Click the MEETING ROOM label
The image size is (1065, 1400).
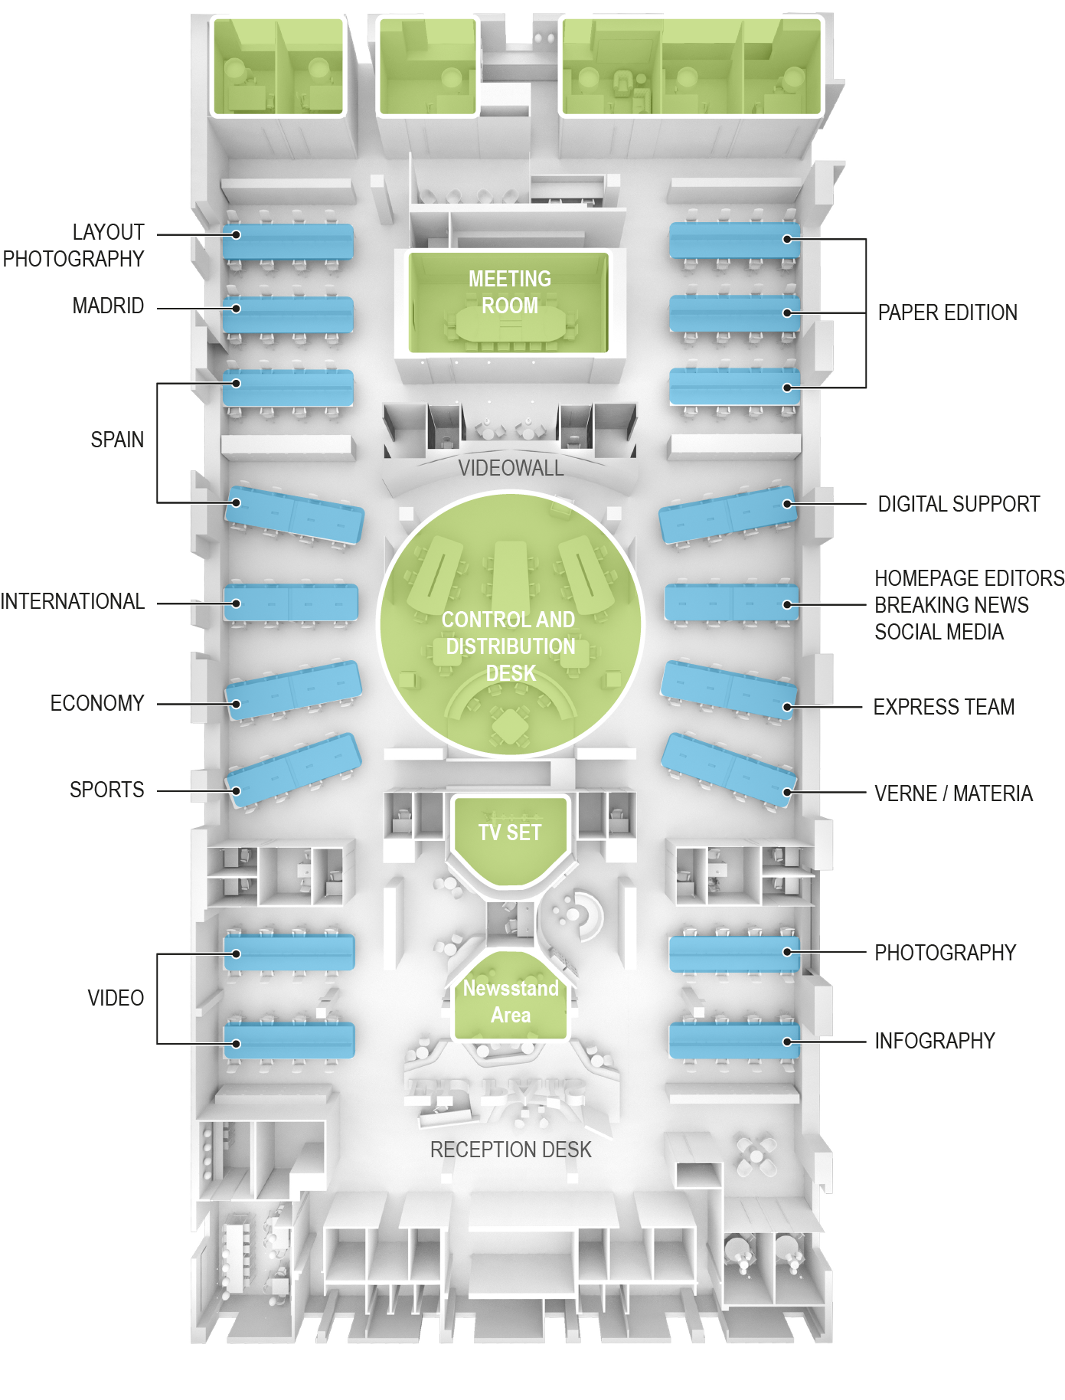pyautogui.click(x=509, y=292)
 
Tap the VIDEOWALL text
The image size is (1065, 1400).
pyautogui.click(x=511, y=468)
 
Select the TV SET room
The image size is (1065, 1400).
pyautogui.click(x=510, y=839)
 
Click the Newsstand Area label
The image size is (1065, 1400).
pyautogui.click(x=511, y=1001)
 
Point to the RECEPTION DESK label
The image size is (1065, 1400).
pyautogui.click(x=511, y=1150)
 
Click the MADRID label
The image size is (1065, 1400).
pyautogui.click(x=108, y=306)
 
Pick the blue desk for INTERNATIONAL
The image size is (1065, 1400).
pyautogui.click(x=291, y=603)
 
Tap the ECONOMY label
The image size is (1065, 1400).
pyautogui.click(x=97, y=703)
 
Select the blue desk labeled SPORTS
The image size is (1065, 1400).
pyautogui.click(x=293, y=770)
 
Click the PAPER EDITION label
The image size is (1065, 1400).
pyautogui.click(x=947, y=312)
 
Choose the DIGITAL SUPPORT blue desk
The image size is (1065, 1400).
pyautogui.click(x=728, y=513)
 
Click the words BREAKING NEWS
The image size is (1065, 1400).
pyautogui.click(x=951, y=605)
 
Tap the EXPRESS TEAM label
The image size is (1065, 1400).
pyautogui.click(x=943, y=707)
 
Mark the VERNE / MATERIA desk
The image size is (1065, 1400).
pyautogui.click(x=728, y=769)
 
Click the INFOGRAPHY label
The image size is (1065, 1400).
pyautogui.click(x=934, y=1041)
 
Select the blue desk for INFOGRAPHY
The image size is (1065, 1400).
pyautogui.click(x=734, y=1041)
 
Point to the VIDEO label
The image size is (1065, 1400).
pyautogui.click(x=116, y=998)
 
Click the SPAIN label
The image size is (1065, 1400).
pyautogui.click(x=117, y=440)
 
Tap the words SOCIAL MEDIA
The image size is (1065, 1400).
pyautogui.click(x=939, y=632)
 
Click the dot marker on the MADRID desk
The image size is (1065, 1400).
pyautogui.click(x=237, y=309)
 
